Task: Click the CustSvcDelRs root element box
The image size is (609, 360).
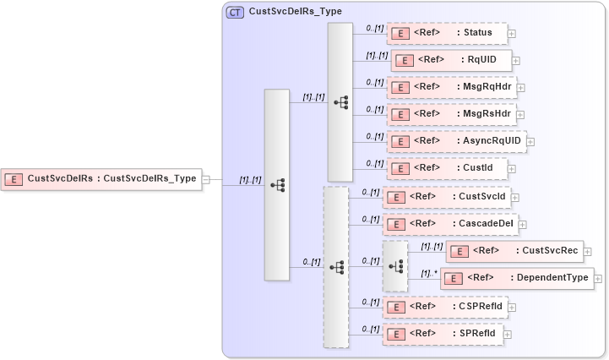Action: point(101,178)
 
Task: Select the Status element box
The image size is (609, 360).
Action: point(447,33)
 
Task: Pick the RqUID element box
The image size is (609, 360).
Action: point(449,60)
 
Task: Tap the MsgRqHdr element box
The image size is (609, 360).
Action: point(450,86)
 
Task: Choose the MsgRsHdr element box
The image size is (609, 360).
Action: point(450,113)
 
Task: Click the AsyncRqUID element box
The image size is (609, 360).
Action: point(455,141)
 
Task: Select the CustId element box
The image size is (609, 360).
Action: point(447,168)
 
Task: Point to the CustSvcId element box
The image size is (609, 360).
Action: point(446,197)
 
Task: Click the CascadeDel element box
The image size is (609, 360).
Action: point(449,224)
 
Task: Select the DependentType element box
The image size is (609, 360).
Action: point(516,277)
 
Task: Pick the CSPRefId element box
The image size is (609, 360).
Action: point(444,307)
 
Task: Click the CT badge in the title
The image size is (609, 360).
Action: point(235,12)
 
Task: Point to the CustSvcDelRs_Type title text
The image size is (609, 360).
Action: point(290,12)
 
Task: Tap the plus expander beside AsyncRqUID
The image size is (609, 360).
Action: point(530,141)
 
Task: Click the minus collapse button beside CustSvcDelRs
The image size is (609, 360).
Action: point(206,178)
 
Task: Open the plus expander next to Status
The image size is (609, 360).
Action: point(512,33)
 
